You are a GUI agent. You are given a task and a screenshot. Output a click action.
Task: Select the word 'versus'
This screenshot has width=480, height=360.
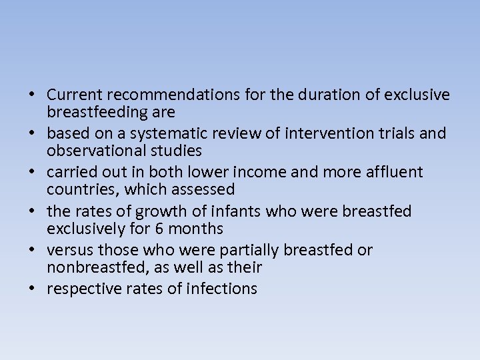click(71, 250)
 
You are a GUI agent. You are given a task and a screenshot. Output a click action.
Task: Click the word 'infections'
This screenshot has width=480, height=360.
click(223, 289)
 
